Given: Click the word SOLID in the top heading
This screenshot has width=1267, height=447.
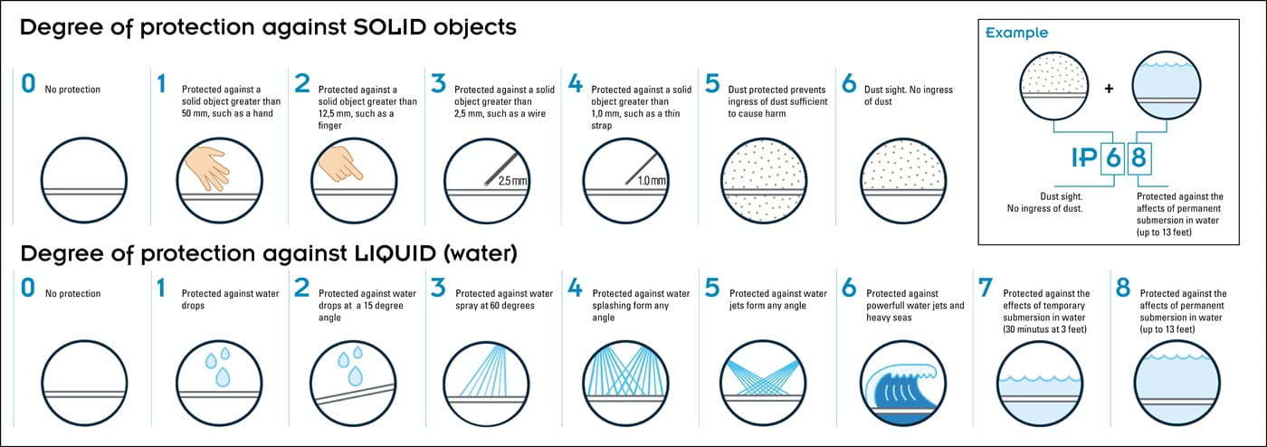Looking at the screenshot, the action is tap(390, 27).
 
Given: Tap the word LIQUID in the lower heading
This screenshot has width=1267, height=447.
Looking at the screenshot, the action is tap(395, 253).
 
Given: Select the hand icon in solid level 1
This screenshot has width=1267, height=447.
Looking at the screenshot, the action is tap(207, 167).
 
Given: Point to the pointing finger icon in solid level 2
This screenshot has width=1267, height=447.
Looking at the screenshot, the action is tap(340, 164).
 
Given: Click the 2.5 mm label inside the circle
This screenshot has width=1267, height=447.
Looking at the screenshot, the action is tap(512, 181).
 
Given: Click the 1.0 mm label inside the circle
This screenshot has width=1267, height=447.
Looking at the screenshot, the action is tap(652, 181).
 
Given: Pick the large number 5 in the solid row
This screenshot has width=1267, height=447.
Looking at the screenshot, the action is tap(712, 84).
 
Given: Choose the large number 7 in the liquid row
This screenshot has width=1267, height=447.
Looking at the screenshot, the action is tap(986, 288).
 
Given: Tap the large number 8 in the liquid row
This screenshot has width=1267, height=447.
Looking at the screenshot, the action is tap(1123, 288).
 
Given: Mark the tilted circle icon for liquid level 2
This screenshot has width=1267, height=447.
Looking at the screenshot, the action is tap(353, 383).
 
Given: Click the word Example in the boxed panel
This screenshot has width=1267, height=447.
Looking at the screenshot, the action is tap(1016, 33).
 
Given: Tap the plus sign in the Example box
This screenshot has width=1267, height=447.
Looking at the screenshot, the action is tap(1110, 89).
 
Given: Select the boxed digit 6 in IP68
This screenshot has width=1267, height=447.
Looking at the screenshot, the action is tap(1113, 157).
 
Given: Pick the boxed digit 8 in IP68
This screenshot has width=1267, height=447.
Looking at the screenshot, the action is tap(1138, 157).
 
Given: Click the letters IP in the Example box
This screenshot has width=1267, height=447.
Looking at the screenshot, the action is tap(1084, 157).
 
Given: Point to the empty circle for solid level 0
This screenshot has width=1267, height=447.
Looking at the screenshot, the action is tap(84, 180).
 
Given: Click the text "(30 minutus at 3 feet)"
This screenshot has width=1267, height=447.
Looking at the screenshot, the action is tap(1044, 329).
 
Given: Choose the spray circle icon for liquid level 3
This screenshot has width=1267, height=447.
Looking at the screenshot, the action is tap(487, 383).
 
